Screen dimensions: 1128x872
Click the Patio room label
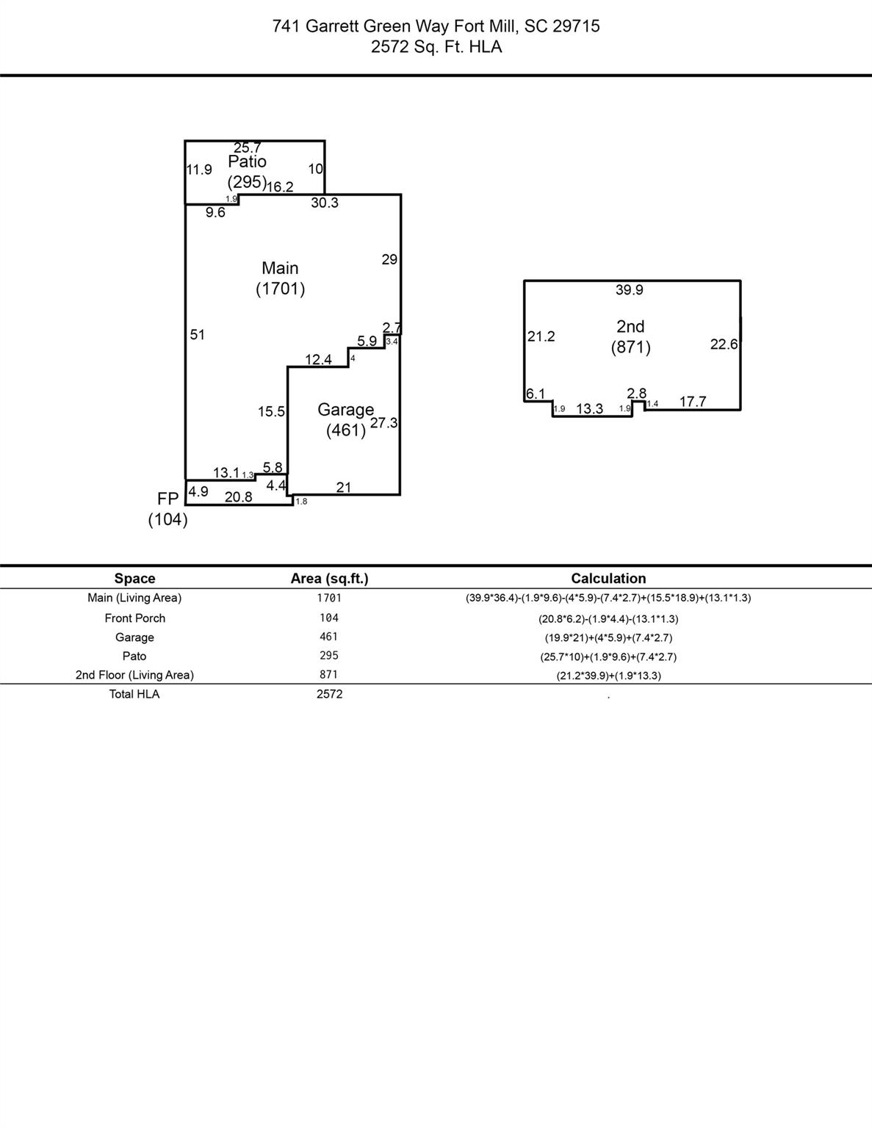[247, 162]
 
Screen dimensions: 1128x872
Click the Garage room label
[345, 410]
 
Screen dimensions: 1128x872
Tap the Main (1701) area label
[280, 278]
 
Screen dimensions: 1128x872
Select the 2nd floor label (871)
[630, 336]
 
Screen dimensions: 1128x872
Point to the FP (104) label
[167, 509]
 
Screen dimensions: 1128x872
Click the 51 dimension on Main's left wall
[198, 335]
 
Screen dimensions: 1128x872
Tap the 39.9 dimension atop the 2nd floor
[630, 290]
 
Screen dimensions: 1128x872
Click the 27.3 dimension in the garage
[383, 423]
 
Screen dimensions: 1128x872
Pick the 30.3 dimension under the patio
[324, 203]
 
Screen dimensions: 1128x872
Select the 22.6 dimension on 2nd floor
[724, 344]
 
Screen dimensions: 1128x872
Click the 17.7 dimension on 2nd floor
[693, 402]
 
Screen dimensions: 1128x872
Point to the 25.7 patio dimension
[248, 148]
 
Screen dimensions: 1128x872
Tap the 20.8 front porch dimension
[238, 497]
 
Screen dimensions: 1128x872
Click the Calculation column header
[608, 579]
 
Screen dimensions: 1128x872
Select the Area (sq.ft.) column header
[329, 579]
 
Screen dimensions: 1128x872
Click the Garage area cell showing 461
[329, 637]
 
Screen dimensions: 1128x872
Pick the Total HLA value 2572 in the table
[329, 694]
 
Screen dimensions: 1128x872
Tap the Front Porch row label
[134, 618]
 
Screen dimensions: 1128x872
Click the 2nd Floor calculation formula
[608, 676]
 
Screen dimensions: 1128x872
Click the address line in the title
[436, 26]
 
